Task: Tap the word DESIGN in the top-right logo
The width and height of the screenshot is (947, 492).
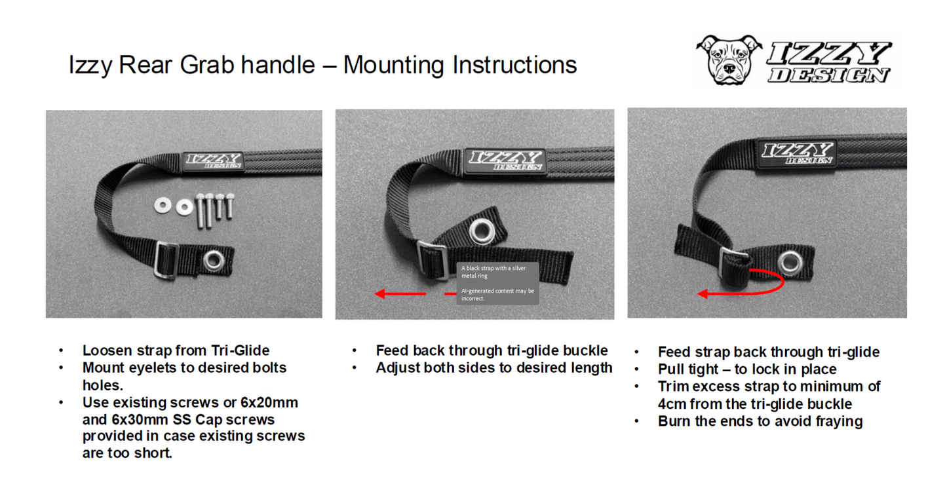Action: [x=829, y=75]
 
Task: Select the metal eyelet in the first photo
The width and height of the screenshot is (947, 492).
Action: [x=213, y=260]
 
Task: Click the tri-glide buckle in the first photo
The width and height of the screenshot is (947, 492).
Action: [x=166, y=259]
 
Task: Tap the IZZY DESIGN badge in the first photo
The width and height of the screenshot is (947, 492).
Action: [x=214, y=161]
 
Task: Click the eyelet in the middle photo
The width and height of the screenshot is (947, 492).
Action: [x=482, y=231]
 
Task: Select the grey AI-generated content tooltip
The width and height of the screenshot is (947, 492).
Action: [x=497, y=283]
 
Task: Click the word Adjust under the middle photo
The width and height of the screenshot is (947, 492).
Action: [x=397, y=368]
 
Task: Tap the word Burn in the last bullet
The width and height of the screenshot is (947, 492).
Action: [x=674, y=421]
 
